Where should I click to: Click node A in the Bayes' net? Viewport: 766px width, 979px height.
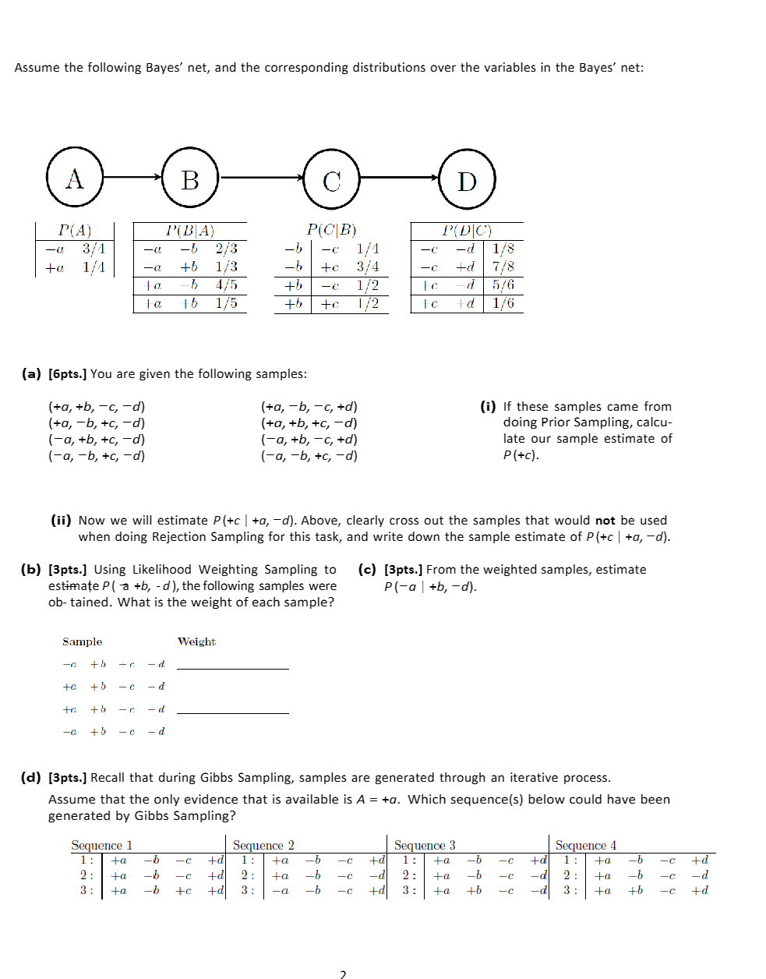[75, 178]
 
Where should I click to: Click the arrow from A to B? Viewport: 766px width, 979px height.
[133, 177]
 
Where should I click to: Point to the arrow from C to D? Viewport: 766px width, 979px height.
[400, 178]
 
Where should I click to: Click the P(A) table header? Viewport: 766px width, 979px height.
[75, 230]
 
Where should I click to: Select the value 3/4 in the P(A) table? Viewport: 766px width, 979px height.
[94, 249]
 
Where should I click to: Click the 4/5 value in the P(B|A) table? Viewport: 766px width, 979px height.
[226, 285]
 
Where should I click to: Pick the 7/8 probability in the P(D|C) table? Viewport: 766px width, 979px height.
[503, 267]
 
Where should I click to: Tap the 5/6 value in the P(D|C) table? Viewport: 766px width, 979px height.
[503, 285]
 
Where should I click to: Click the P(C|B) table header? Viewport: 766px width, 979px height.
[331, 230]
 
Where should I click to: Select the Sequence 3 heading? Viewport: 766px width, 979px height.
[425, 845]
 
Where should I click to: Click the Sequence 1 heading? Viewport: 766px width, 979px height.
[101, 845]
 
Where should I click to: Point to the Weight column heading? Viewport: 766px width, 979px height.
[196, 641]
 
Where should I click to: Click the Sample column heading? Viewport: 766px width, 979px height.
[83, 641]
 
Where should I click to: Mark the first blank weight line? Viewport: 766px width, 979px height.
[232, 668]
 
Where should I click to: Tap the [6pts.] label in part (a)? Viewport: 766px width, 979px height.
[67, 374]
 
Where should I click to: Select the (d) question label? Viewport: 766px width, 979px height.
[30, 777]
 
